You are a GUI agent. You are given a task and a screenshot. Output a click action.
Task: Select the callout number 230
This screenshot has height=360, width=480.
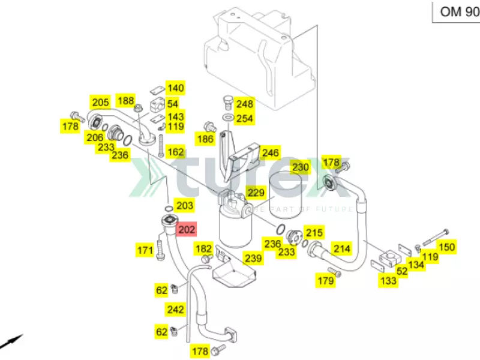pos(300,167)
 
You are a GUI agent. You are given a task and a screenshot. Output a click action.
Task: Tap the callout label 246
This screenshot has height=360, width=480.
pos(270,153)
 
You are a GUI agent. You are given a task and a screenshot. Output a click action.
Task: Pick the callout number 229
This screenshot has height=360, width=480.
pos(256,193)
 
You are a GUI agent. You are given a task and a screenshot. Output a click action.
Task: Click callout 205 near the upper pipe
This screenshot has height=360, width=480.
pos(100,101)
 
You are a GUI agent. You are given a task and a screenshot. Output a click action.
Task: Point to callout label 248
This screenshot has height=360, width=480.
pos(244,103)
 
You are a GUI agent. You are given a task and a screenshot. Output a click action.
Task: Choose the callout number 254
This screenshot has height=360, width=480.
pos(244,118)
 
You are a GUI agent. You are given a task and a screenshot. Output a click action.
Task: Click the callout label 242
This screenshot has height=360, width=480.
pos(175,309)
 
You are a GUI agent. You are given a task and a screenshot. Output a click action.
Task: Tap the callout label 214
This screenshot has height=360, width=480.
pos(341,248)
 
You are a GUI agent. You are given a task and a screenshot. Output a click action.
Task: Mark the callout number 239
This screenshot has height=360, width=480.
pos(253,259)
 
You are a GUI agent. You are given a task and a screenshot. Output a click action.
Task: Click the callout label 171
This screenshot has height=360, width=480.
pos(145,250)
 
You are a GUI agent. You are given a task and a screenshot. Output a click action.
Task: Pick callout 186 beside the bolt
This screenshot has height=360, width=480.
pos(205,140)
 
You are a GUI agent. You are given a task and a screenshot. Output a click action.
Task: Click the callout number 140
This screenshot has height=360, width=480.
pos(175,88)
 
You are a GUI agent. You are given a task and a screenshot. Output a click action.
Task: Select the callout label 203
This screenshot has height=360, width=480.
pos(185,206)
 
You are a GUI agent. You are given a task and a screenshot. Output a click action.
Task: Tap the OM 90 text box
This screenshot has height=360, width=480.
pos(457,11)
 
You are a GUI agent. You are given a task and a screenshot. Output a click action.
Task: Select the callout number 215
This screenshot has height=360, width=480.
pos(314,232)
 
